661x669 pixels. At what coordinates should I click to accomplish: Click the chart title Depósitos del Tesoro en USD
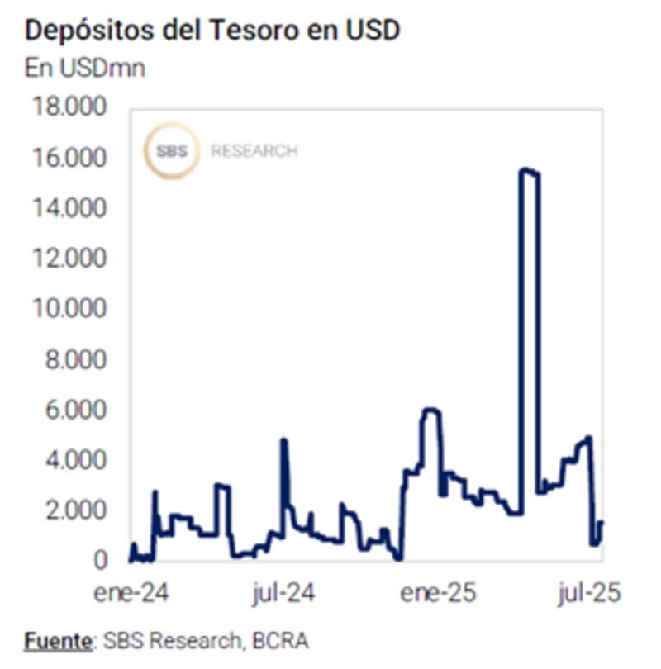pyautogui.click(x=212, y=31)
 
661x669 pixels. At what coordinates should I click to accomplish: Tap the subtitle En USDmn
pyautogui.click(x=85, y=68)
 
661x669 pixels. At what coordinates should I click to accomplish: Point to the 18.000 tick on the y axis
pyautogui.click(x=69, y=107)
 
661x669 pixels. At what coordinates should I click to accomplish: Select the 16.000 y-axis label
pyautogui.click(x=69, y=158)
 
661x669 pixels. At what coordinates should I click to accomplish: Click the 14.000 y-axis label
pyautogui.click(x=69, y=208)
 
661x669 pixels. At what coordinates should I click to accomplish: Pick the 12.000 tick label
pyautogui.click(x=69, y=259)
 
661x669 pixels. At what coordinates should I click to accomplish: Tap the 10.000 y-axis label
pyautogui.click(x=69, y=309)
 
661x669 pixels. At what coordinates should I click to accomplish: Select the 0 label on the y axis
pyautogui.click(x=100, y=561)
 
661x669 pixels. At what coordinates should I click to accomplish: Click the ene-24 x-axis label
pyautogui.click(x=130, y=594)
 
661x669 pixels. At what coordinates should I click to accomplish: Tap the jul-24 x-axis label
pyautogui.click(x=283, y=594)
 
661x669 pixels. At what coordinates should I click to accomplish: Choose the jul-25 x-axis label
pyautogui.click(x=587, y=594)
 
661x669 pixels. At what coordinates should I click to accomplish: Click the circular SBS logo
pyautogui.click(x=170, y=151)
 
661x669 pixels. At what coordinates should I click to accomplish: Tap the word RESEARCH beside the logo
pyautogui.click(x=254, y=152)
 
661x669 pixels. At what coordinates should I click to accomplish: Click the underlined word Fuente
pyautogui.click(x=56, y=640)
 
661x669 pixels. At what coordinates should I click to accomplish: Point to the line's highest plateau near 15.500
pyautogui.click(x=529, y=171)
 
